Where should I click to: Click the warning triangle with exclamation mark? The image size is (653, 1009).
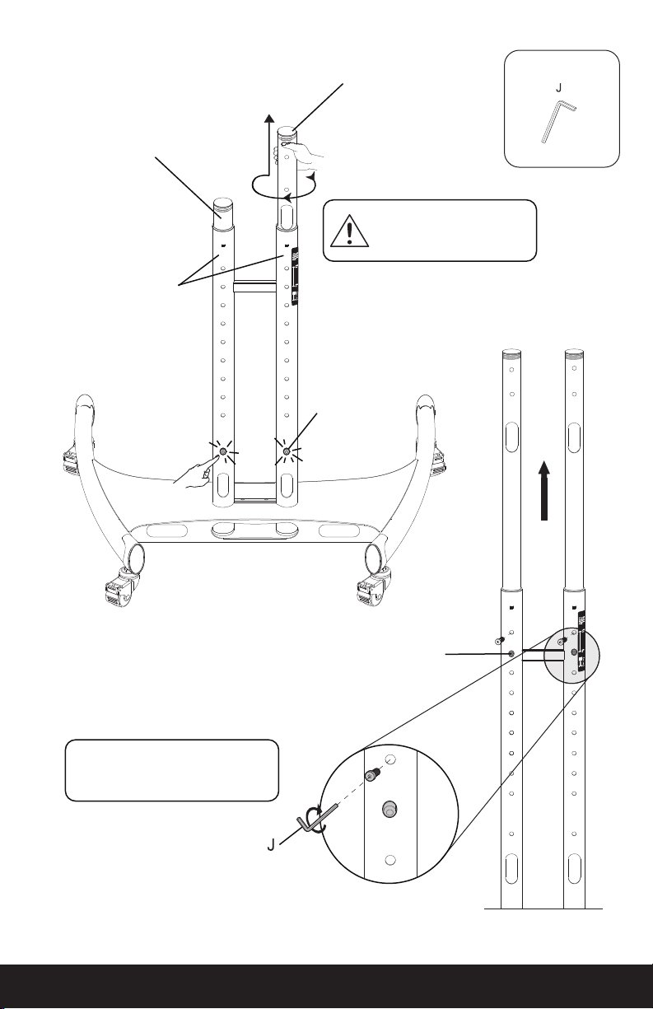pyautogui.click(x=349, y=231)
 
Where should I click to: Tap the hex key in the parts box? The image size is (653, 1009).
pyautogui.click(x=558, y=122)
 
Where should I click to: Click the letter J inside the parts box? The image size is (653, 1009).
pyautogui.click(x=559, y=88)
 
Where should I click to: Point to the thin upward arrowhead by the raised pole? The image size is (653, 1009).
pyautogui.click(x=269, y=119)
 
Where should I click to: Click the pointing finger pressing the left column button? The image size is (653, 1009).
pyautogui.click(x=194, y=473)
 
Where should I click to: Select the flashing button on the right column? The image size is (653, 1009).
pyautogui.click(x=287, y=451)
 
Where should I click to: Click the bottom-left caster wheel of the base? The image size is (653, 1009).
pyautogui.click(x=119, y=588)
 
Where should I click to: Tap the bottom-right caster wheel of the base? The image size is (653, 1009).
pyautogui.click(x=372, y=588)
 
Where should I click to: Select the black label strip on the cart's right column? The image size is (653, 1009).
pyautogui.click(x=296, y=276)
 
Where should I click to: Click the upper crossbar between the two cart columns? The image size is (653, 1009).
pyautogui.click(x=254, y=287)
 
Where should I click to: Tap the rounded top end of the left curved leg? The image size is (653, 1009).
pyautogui.click(x=84, y=401)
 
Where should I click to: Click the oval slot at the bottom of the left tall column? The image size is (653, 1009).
pyautogui.click(x=511, y=869)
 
